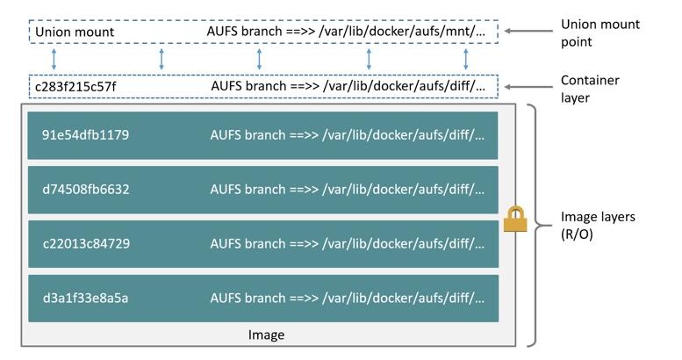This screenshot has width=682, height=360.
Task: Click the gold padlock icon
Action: click(x=514, y=220)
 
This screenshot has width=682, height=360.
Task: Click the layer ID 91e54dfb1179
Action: click(x=85, y=135)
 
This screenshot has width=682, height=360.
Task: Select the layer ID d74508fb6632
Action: click(x=85, y=190)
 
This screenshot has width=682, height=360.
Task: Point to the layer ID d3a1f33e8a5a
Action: click(x=84, y=298)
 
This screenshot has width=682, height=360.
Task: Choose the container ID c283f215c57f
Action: click(x=75, y=87)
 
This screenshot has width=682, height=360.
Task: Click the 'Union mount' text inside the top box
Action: click(x=75, y=32)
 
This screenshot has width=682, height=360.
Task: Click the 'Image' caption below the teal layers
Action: click(x=266, y=335)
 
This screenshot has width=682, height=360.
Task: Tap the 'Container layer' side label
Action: click(x=590, y=89)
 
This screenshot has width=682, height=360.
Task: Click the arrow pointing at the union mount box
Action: click(x=526, y=32)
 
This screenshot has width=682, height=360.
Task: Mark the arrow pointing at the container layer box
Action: click(x=526, y=87)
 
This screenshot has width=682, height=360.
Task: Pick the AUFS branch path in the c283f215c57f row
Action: click(x=348, y=87)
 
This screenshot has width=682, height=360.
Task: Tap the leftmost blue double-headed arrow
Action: click(x=54, y=60)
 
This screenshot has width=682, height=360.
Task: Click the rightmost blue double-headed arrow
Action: click(x=466, y=60)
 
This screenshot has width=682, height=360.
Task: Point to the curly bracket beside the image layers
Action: click(x=533, y=225)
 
